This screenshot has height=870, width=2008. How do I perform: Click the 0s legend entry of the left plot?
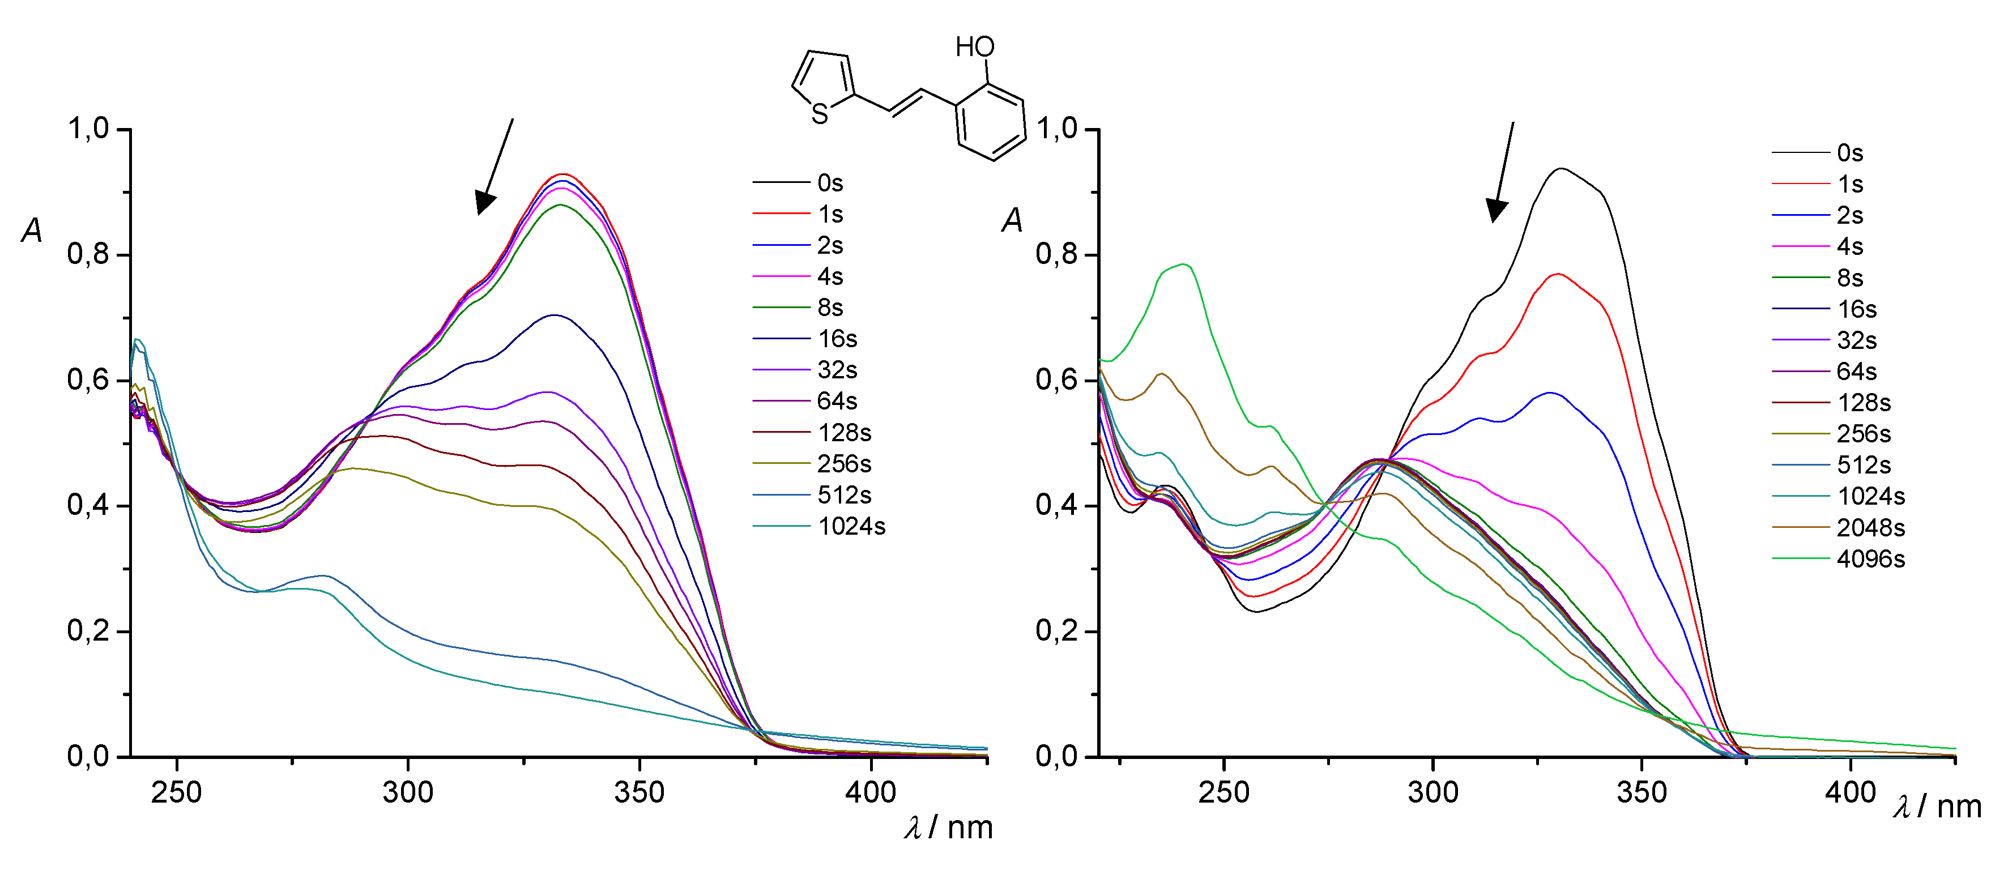point(829,183)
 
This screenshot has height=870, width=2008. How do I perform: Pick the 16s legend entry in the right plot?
point(1856,309)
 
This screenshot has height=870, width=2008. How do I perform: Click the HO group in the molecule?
point(975,48)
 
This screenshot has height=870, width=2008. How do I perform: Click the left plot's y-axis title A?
point(32,230)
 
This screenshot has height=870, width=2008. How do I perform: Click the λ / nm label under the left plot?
point(948,827)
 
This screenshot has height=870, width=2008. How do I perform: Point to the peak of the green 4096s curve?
point(1184,265)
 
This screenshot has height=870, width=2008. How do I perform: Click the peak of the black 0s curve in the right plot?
point(1561,168)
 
